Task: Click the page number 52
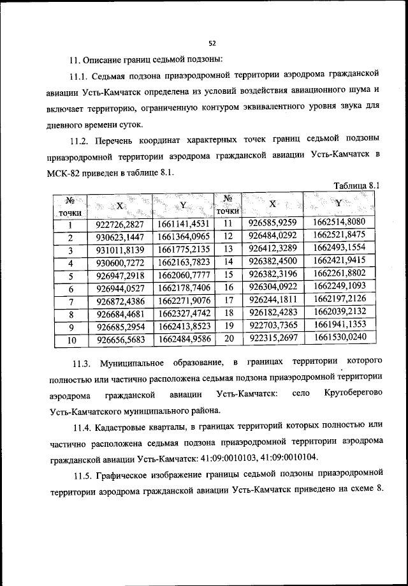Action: point(212,43)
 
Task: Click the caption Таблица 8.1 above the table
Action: point(356,185)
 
